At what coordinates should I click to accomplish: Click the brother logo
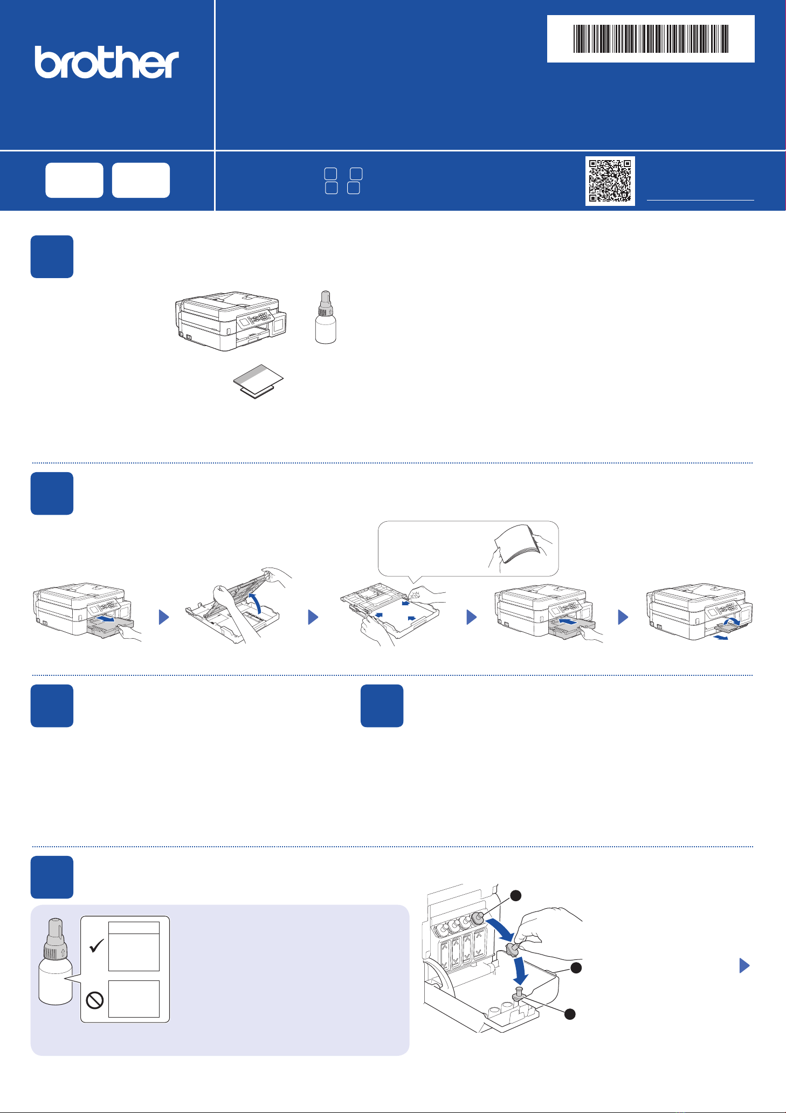[x=107, y=62]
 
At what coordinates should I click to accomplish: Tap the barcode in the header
[x=651, y=39]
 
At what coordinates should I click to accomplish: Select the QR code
[x=610, y=181]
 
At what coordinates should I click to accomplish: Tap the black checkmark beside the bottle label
[x=97, y=945]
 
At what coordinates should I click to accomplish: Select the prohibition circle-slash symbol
[x=95, y=1001]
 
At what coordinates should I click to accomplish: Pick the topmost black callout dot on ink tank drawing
[x=516, y=895]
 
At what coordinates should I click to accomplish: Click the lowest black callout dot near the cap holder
[x=570, y=1014]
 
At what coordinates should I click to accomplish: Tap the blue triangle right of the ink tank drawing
[x=744, y=965]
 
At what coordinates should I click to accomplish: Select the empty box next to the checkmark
[x=134, y=946]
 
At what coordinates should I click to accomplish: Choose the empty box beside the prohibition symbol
[x=134, y=999]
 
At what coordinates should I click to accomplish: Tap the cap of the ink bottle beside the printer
[x=325, y=303]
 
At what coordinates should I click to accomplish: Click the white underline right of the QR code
[x=700, y=200]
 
